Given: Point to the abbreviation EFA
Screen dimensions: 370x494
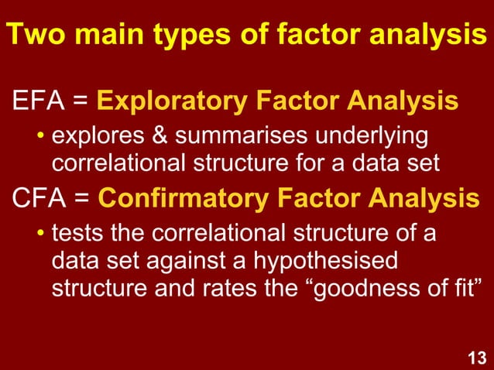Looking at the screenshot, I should tap(35, 101).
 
